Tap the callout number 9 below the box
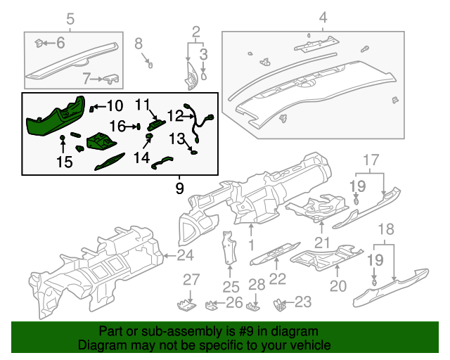[x=179, y=188]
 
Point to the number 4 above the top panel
[x=323, y=18]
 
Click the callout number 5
[x=70, y=18]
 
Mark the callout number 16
[x=117, y=126]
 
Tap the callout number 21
[x=322, y=243]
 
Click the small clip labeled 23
[x=280, y=304]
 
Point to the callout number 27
[x=191, y=280]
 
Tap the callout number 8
[x=139, y=44]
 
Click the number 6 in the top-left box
[x=60, y=44]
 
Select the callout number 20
[x=339, y=285]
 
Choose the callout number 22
[x=278, y=279]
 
